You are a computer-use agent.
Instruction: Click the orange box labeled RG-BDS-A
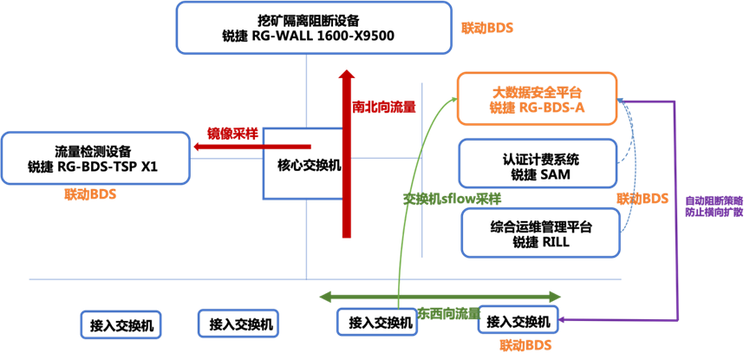pyautogui.click(x=537, y=97)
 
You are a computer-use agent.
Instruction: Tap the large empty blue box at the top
pyautogui.click(x=314, y=27)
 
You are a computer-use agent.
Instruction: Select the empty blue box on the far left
pyautogui.click(x=95, y=157)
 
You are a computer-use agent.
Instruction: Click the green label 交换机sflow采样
pyautogui.click(x=453, y=198)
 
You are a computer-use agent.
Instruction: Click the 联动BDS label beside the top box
pyautogui.click(x=487, y=28)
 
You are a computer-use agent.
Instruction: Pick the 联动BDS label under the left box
pyautogui.click(x=90, y=194)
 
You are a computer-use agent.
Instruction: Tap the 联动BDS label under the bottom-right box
pyautogui.click(x=525, y=345)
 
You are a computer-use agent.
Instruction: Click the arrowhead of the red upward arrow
pyautogui.click(x=346, y=76)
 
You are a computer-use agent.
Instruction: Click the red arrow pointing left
pyautogui.click(x=251, y=147)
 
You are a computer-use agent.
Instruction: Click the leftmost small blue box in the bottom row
pyautogui.click(x=121, y=324)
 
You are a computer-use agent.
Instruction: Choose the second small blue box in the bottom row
pyautogui.click(x=238, y=323)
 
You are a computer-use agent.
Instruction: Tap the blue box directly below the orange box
pyautogui.click(x=538, y=162)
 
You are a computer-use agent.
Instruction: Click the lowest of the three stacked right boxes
pyautogui.click(x=540, y=232)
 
